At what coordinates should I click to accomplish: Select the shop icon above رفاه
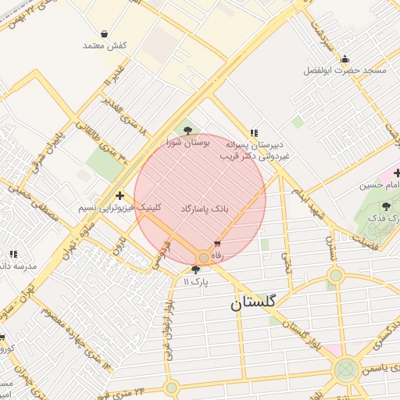pyautogui.click(x=217, y=245)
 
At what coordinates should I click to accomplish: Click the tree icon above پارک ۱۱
pyautogui.click(x=195, y=270)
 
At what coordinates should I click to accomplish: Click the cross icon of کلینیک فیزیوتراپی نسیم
pyautogui.click(x=119, y=196)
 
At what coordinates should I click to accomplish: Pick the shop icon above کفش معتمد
pyautogui.click(x=105, y=34)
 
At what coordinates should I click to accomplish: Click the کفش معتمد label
pyautogui.click(x=105, y=45)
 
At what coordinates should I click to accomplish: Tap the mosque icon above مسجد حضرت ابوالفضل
pyautogui.click(x=345, y=59)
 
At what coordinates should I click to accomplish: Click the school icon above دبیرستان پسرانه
pyautogui.click(x=254, y=133)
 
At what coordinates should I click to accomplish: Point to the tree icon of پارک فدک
pyautogui.click(x=386, y=205)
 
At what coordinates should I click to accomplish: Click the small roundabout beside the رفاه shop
pyautogui.click(x=203, y=257)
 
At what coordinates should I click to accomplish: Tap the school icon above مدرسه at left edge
pyautogui.click(x=13, y=254)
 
